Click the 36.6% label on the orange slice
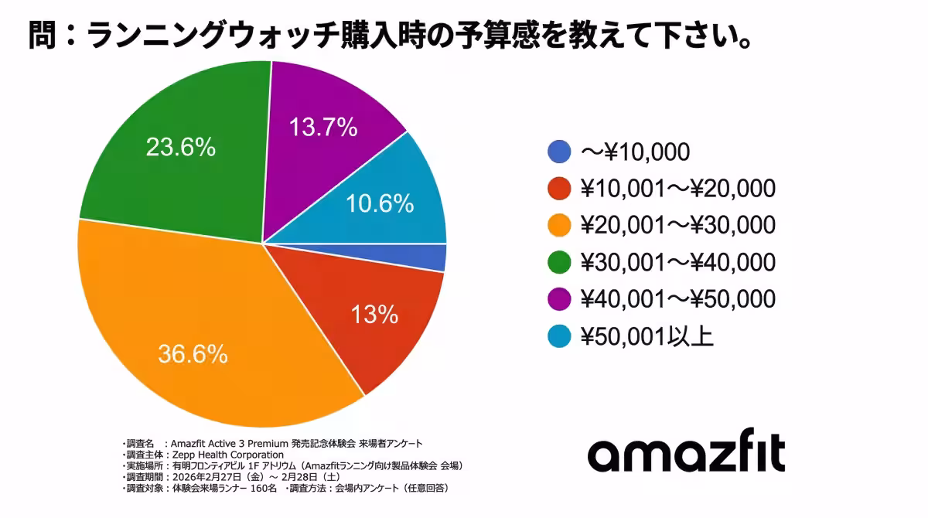click(x=193, y=354)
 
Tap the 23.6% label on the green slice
click(x=181, y=147)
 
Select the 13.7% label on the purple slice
click(x=322, y=126)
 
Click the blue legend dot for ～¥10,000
click(x=559, y=152)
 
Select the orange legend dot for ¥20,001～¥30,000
click(x=559, y=226)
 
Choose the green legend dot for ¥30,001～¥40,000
click(x=559, y=263)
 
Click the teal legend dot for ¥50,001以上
click(x=559, y=337)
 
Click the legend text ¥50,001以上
click(x=647, y=337)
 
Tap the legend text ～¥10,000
click(x=634, y=152)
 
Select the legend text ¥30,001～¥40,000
click(x=677, y=263)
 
